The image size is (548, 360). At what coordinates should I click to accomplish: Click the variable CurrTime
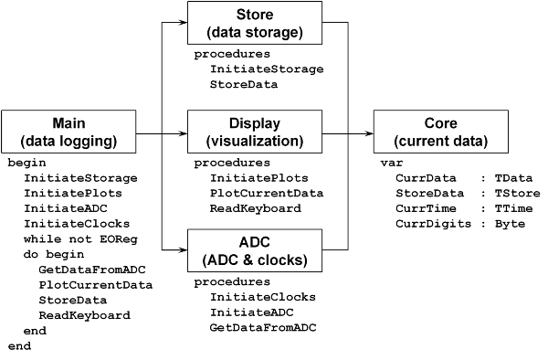[424, 208]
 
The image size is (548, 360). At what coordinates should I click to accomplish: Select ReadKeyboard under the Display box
[255, 208]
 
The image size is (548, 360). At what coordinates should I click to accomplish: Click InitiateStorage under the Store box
[266, 69]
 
